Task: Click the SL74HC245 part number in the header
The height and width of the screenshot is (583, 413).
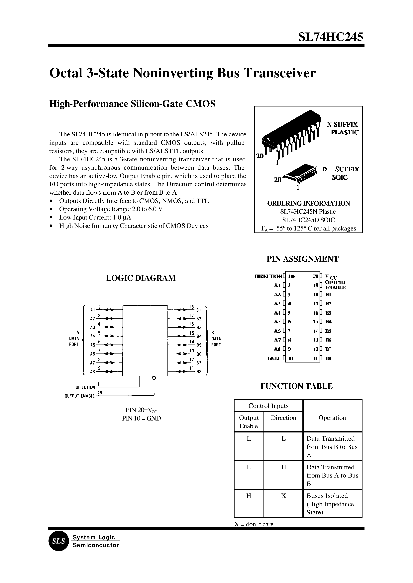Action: pyautogui.click(x=330, y=37)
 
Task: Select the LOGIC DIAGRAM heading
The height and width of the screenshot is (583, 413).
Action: pyautogui.click(x=141, y=278)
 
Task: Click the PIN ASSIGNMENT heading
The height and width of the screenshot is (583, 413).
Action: pyautogui.click(x=302, y=259)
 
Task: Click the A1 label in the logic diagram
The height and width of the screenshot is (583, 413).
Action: pyautogui.click(x=93, y=310)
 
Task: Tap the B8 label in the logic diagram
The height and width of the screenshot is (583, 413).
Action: pyautogui.click(x=199, y=372)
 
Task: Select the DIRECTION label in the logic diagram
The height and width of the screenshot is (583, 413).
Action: pyautogui.click(x=85, y=387)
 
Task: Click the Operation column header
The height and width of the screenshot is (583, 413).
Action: pyautogui.click(x=332, y=418)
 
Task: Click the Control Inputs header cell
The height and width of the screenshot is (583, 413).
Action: pyautogui.click(x=268, y=406)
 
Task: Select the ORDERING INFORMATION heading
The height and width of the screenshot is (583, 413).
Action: pyautogui.click(x=308, y=203)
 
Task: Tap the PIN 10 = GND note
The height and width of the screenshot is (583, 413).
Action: pyautogui.click(x=141, y=418)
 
